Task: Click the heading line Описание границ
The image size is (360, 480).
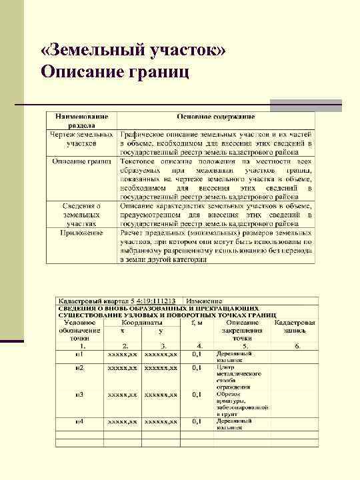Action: click(115, 71)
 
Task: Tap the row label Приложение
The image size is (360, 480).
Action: click(81, 233)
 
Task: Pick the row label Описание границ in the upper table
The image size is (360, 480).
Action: click(81, 161)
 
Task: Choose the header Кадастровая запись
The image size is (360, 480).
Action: click(295, 325)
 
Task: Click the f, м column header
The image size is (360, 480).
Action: click(198, 321)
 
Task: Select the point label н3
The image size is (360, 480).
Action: click(79, 395)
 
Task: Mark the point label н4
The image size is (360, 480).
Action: click(79, 422)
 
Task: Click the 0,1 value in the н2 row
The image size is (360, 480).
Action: click(198, 367)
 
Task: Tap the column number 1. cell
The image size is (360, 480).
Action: click(82, 346)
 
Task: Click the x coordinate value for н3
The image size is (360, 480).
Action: click(123, 395)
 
